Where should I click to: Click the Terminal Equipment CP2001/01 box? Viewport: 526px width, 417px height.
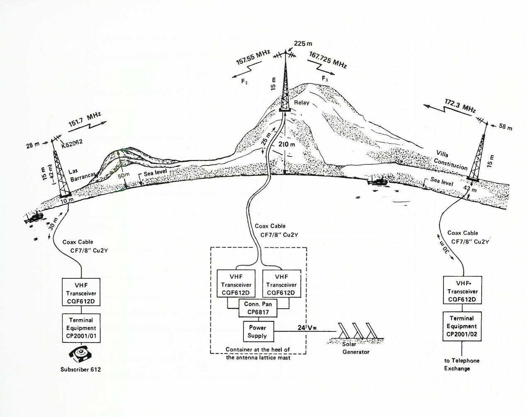(81, 328)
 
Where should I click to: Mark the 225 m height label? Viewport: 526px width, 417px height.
(303, 43)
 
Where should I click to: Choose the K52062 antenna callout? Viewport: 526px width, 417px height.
(73, 142)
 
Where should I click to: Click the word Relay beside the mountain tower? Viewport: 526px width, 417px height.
(302, 102)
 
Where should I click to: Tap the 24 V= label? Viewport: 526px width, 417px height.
(307, 328)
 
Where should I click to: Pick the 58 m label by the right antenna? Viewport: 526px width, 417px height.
(504, 127)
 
